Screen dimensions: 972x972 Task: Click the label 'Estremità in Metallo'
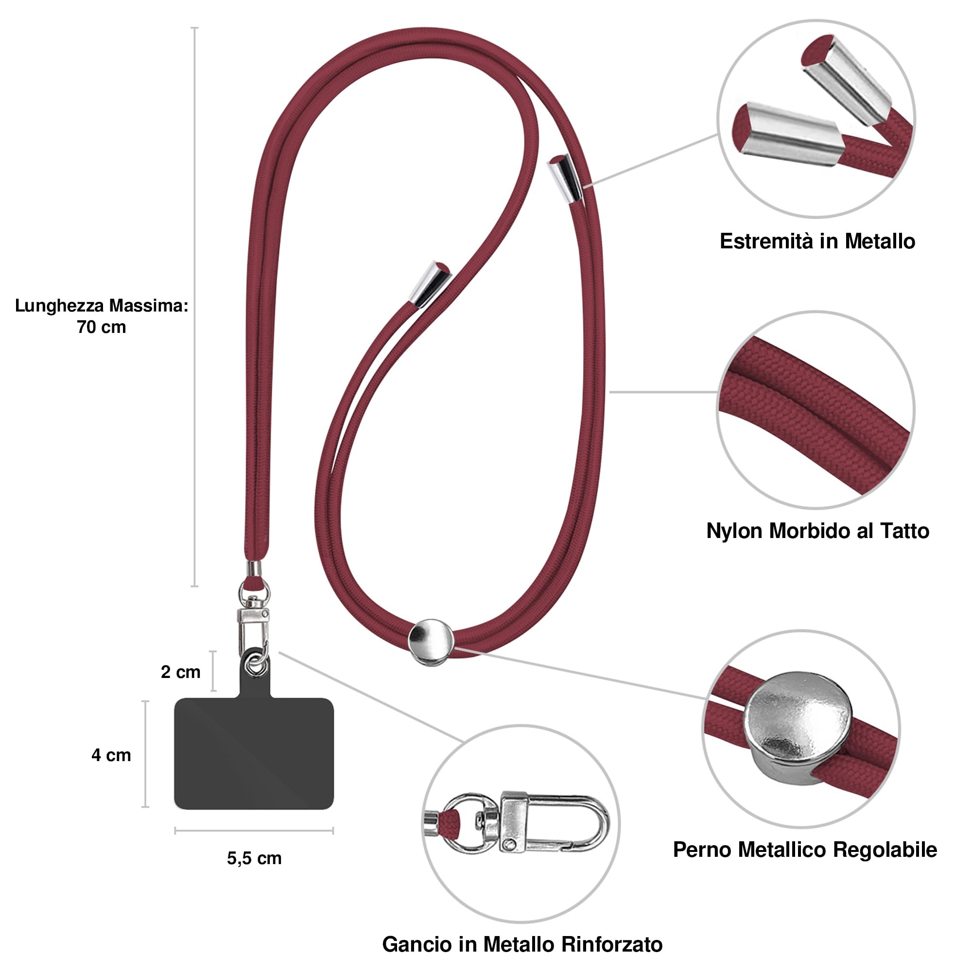pyautogui.click(x=817, y=242)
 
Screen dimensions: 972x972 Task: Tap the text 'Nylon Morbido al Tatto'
pyautogui.click(x=817, y=531)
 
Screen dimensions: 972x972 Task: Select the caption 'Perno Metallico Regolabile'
pyautogui.click(x=804, y=850)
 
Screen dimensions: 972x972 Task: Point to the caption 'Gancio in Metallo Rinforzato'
pyautogui.click(x=522, y=944)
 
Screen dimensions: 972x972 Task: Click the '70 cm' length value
pyautogui.click(x=101, y=327)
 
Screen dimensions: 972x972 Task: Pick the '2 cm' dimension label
pyautogui.click(x=181, y=672)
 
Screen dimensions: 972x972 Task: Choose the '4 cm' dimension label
pyautogui.click(x=111, y=755)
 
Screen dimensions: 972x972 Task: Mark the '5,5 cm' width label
pyautogui.click(x=254, y=859)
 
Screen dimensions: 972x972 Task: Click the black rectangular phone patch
pyautogui.click(x=254, y=755)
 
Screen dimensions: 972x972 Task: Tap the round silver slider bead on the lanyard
pyautogui.click(x=431, y=642)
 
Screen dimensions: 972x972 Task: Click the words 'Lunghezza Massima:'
pyautogui.click(x=102, y=305)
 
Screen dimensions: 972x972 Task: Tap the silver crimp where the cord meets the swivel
pyautogui.click(x=254, y=569)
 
